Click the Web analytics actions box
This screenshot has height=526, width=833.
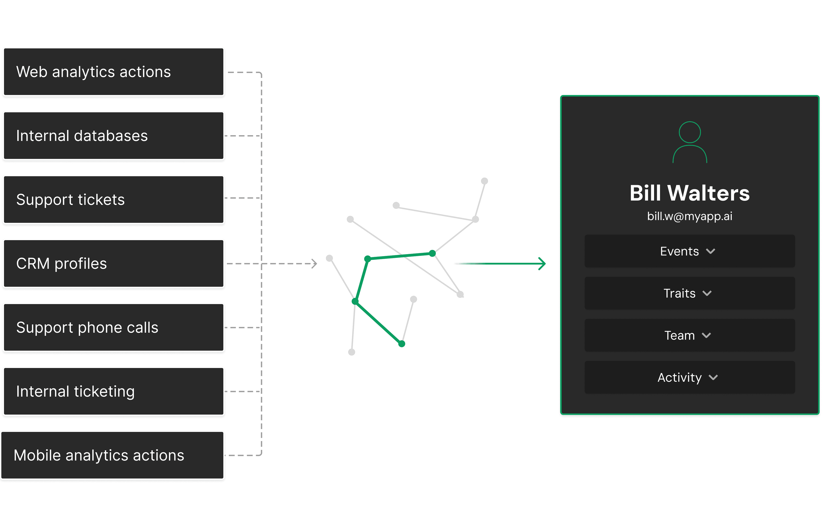tap(113, 72)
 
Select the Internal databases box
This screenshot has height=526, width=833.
tap(113, 136)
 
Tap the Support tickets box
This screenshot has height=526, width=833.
tap(113, 200)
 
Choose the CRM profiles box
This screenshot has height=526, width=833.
tap(113, 263)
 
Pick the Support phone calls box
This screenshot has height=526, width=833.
tap(113, 328)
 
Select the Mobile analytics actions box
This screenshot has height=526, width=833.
tap(113, 455)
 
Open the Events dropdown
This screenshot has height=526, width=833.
tap(689, 251)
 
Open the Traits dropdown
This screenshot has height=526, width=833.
tap(689, 293)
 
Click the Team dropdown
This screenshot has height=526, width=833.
tap(689, 335)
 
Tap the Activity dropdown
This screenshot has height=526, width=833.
tap(689, 377)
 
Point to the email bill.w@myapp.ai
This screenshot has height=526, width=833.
tap(689, 216)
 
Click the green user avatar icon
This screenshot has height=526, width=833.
tap(689, 142)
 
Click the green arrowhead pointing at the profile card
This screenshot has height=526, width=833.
tap(542, 263)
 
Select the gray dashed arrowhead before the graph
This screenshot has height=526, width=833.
tap(314, 263)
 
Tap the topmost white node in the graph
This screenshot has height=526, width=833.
tap(484, 181)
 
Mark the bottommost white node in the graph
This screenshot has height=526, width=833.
tap(351, 352)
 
